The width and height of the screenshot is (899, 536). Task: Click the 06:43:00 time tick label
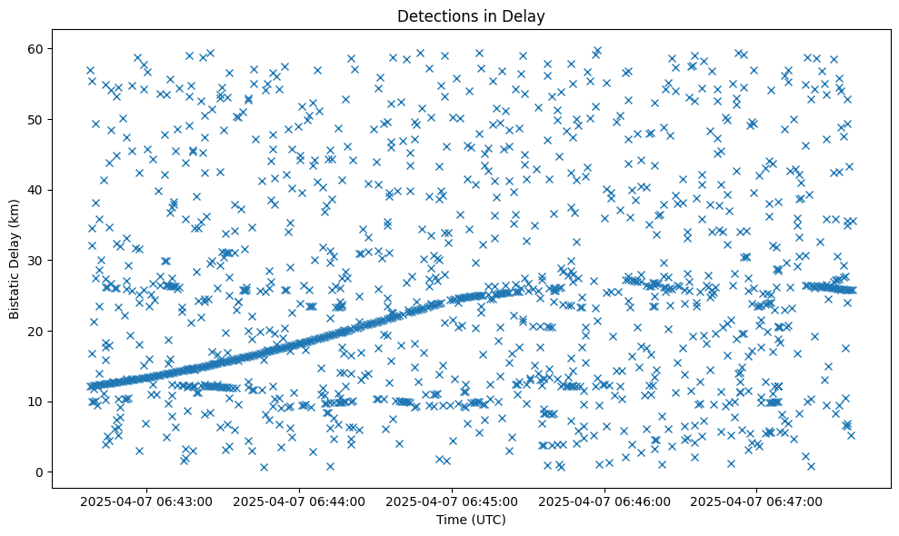point(146,501)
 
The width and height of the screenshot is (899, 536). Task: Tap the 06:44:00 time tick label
point(299,501)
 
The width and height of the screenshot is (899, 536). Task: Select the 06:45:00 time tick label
point(452,501)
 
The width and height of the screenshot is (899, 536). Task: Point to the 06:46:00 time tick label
point(604,501)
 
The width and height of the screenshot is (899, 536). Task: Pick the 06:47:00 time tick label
point(756,501)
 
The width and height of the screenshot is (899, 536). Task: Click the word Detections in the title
point(433,15)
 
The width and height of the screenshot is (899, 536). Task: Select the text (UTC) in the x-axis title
point(488,520)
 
